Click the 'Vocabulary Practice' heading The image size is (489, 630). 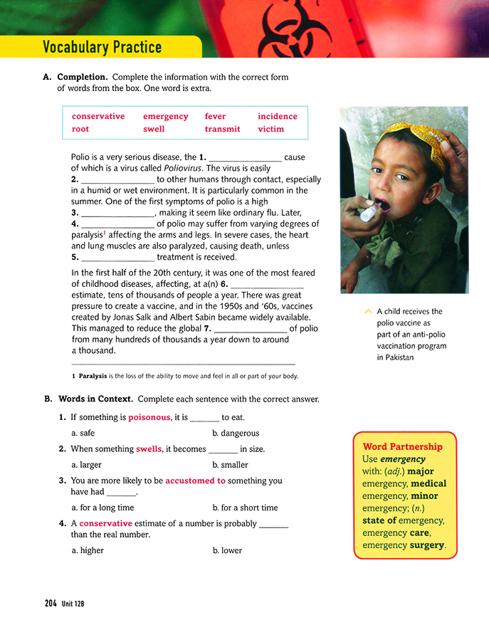[102, 48]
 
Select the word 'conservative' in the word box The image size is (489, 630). [98, 116]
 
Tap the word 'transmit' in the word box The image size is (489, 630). [222, 129]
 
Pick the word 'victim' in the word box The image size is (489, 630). [270, 129]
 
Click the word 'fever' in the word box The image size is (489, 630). [215, 116]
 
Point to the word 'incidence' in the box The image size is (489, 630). [278, 116]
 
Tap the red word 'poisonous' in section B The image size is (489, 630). [149, 417]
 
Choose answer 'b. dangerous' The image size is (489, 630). [236, 433]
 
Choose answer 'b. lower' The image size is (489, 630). [227, 550]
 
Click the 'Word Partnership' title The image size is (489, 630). [402, 446]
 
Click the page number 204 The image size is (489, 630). [51, 603]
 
